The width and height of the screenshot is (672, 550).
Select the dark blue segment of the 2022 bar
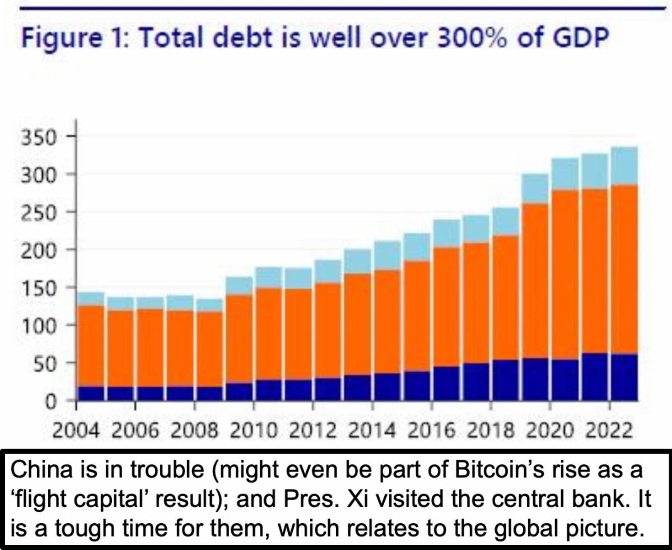[x=624, y=377]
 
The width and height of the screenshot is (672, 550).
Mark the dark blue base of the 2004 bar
[x=91, y=394]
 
